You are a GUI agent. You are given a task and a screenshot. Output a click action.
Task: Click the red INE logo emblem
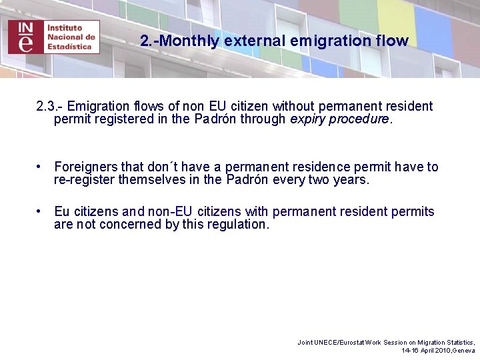click(25, 37)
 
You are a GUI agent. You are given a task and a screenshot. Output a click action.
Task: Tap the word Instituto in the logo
click(65, 28)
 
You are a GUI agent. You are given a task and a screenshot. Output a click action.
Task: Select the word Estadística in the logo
click(69, 47)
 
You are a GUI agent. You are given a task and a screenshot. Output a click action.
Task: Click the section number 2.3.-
click(50, 107)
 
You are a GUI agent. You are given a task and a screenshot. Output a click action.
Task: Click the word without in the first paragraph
click(295, 107)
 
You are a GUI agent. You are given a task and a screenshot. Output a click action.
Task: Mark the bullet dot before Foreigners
click(41, 167)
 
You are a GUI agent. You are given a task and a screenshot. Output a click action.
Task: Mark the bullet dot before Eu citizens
click(41, 211)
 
